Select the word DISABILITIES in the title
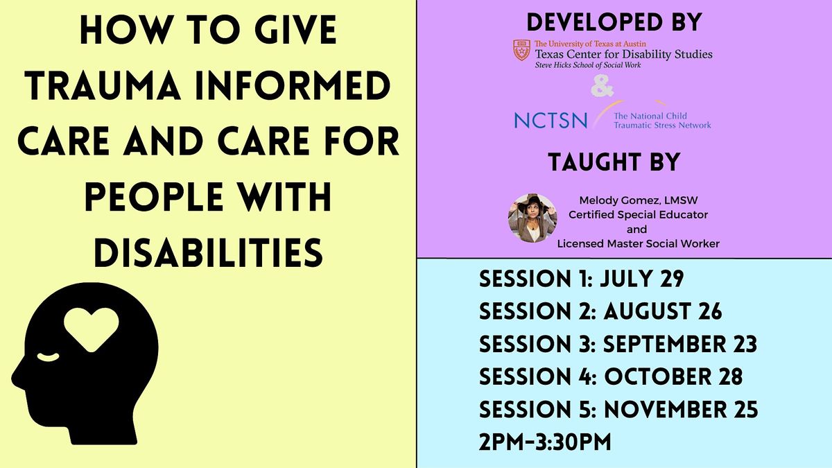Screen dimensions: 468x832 pyautogui.click(x=208, y=251)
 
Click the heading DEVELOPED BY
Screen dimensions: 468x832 pyautogui.click(x=614, y=22)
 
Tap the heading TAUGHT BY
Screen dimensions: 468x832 pyautogui.click(x=614, y=162)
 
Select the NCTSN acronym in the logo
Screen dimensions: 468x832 pyautogui.click(x=551, y=120)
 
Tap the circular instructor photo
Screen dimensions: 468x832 pyautogui.click(x=532, y=218)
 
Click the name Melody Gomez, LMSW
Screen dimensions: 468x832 pyautogui.click(x=638, y=202)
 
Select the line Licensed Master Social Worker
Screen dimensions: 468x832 pyautogui.click(x=638, y=243)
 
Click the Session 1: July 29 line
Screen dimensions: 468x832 pyautogui.click(x=582, y=279)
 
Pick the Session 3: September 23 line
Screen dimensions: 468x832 pyautogui.click(x=618, y=345)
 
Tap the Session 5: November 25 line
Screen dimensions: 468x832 pyautogui.click(x=618, y=410)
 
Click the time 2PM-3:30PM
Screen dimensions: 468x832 pyautogui.click(x=545, y=442)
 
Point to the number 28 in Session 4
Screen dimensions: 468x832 pyautogui.click(x=727, y=377)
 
